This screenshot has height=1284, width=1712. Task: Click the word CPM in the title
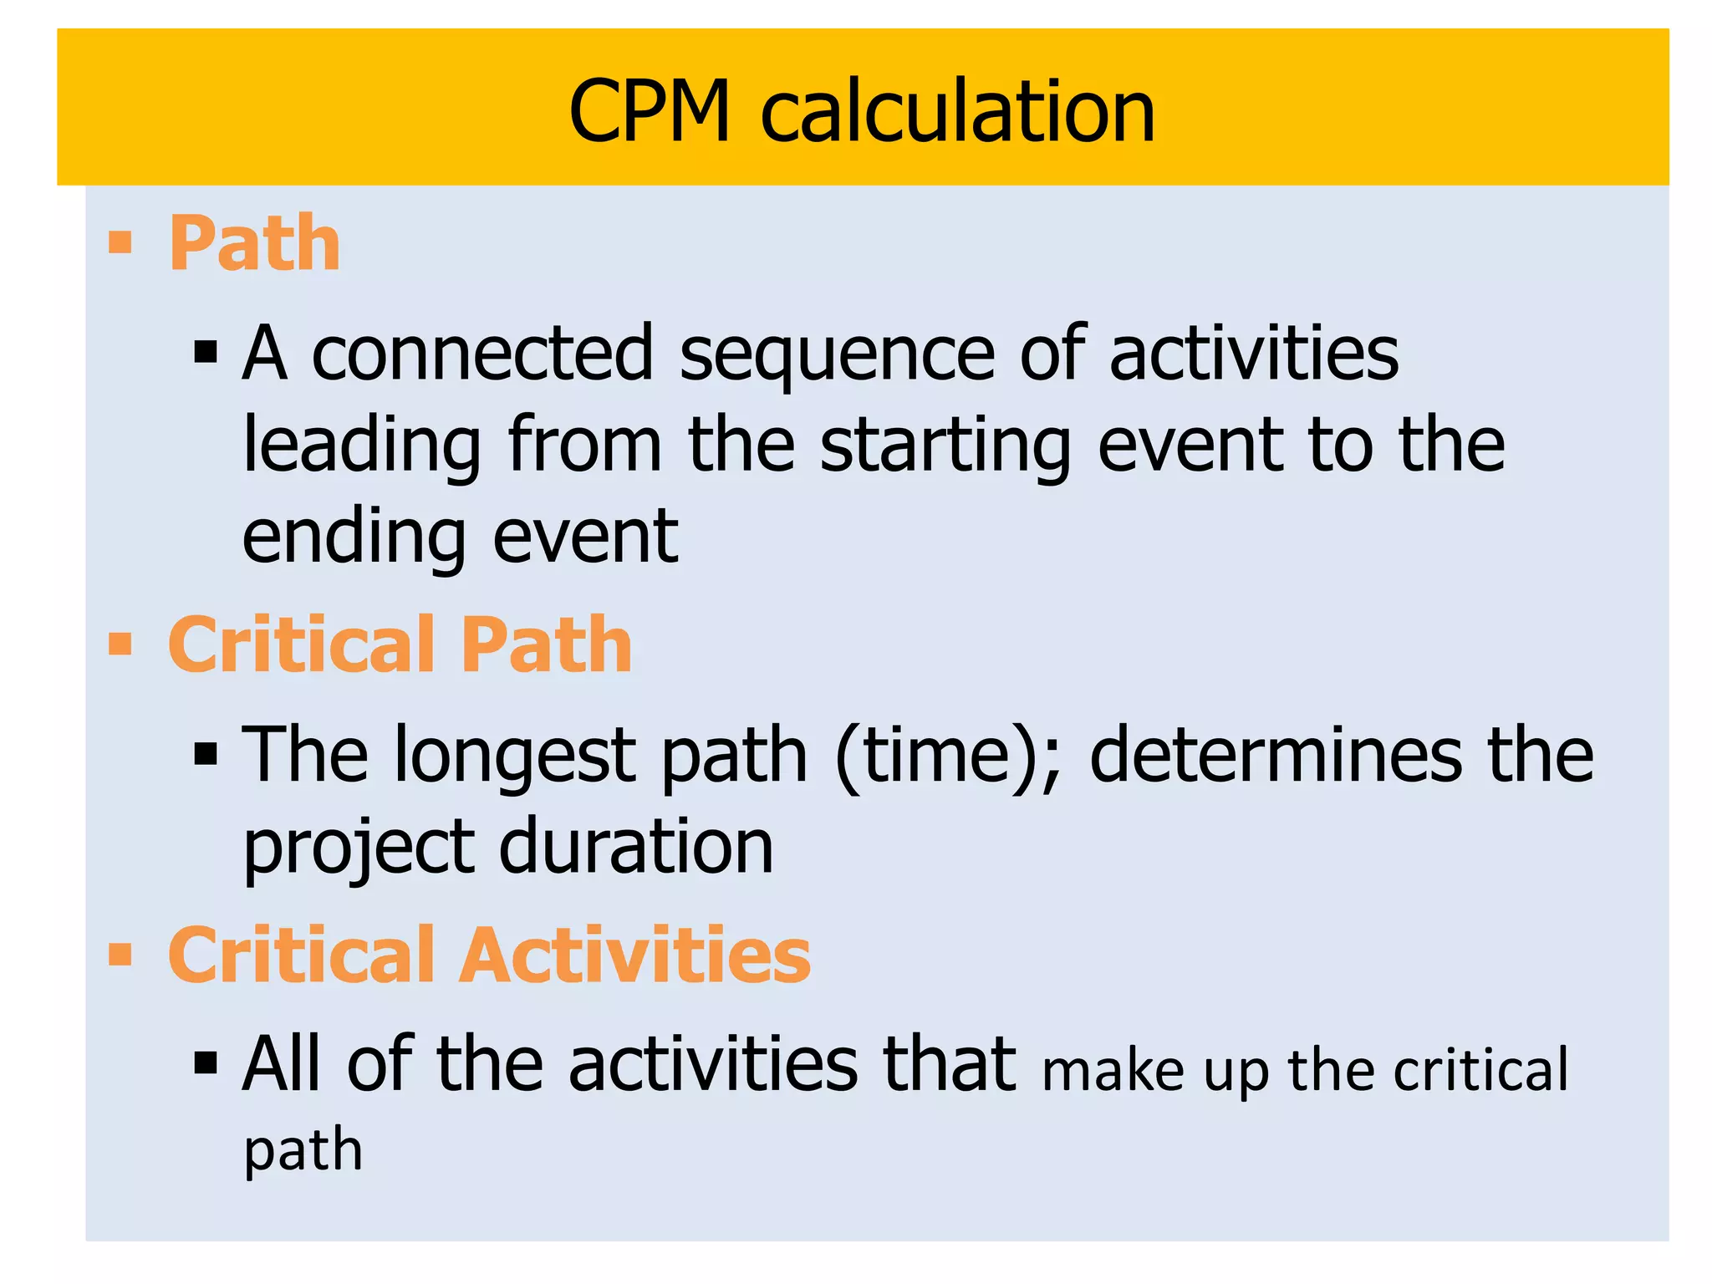[x=650, y=112]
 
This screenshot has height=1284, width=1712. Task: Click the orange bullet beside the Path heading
[x=120, y=242]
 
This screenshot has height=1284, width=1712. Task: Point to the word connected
[x=481, y=354]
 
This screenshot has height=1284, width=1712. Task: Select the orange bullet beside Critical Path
[x=120, y=644]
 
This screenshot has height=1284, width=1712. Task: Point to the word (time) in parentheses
[x=948, y=756]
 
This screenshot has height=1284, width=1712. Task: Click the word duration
[x=636, y=846]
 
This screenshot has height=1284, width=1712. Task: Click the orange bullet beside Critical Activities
[x=120, y=954]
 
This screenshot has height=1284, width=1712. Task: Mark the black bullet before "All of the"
[x=205, y=1063]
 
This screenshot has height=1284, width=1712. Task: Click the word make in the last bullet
[x=1113, y=1071]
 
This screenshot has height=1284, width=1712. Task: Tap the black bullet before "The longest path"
[x=205, y=755]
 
